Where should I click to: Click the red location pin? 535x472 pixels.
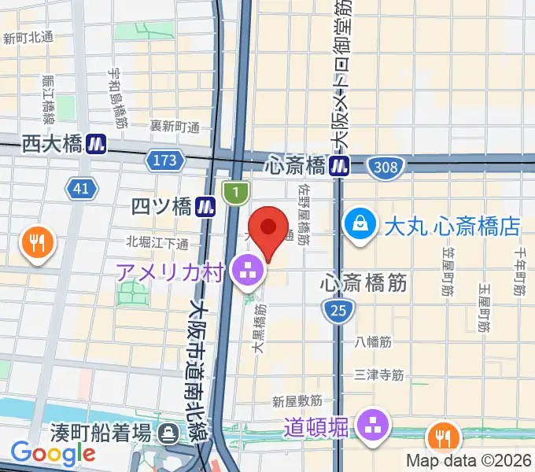coord(268,230)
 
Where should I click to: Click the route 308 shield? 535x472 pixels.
coord(386,166)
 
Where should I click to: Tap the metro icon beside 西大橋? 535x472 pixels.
coord(98,143)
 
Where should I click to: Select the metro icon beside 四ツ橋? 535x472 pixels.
coord(207,207)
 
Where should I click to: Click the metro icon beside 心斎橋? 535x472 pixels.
coord(340,166)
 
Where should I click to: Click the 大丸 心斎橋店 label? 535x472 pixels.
coord(452,227)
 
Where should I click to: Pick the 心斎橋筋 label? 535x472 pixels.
coord(364,283)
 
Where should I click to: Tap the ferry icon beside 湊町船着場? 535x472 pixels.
coord(168,432)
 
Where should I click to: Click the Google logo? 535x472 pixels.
coord(53,453)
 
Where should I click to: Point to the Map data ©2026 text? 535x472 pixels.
coord(469,460)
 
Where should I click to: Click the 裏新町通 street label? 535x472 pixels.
coord(175,126)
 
